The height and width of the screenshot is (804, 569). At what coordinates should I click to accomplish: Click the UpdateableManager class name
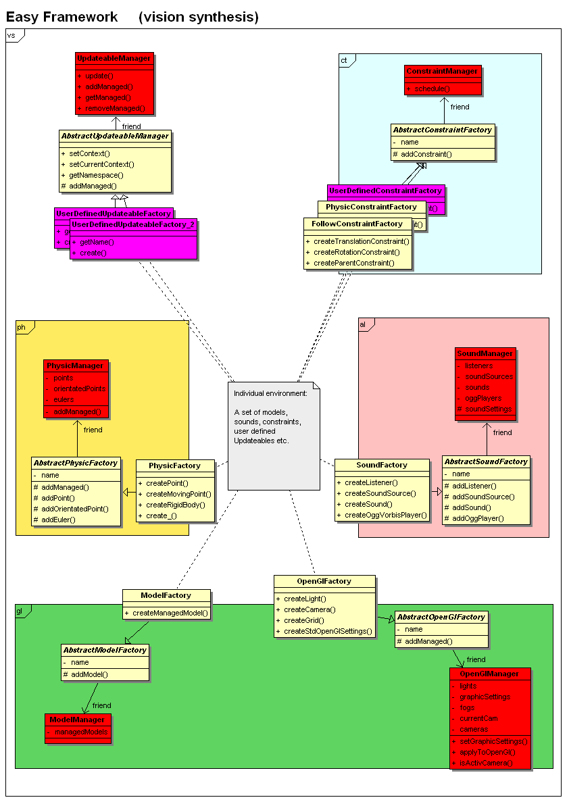pos(114,59)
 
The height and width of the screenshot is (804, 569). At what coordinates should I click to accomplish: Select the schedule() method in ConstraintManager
pos(432,89)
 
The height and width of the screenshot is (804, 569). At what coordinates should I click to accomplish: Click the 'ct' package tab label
pos(344,60)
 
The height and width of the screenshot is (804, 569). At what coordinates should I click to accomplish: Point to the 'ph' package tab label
pos(21,327)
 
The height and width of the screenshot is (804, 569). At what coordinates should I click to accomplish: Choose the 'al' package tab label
pos(363,324)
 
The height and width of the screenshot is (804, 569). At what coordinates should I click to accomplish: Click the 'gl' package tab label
pos(20,611)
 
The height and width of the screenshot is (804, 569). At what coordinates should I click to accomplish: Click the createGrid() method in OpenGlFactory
pos(304,620)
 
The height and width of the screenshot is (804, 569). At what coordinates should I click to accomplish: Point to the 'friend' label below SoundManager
pos(502,432)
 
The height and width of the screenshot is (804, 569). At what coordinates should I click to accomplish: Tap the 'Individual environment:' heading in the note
pos(270,393)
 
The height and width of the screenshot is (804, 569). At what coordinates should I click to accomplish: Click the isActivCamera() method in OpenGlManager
pos(486,763)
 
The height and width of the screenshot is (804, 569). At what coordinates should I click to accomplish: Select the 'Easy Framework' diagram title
pos(62,17)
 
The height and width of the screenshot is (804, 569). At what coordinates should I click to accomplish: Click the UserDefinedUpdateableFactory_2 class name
pos(133,224)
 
